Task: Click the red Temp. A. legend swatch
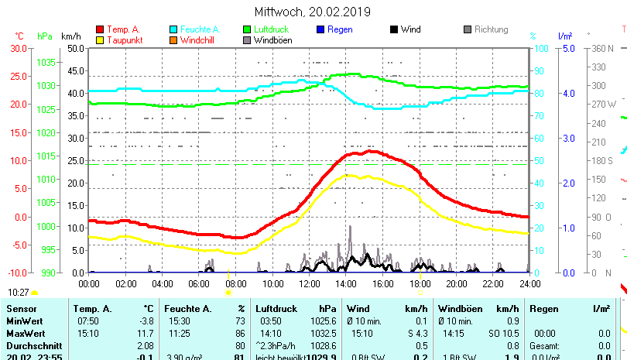pos(99,29)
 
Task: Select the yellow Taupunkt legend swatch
pos(99,39)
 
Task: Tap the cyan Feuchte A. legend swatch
pos(173,29)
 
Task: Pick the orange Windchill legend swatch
pos(173,39)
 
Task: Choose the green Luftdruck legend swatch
pos(247,29)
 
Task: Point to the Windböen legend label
pos(273,39)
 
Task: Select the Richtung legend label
pos(492,29)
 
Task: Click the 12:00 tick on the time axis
pos(309,284)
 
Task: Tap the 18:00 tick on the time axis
pos(419,284)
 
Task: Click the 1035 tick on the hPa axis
pos(46,62)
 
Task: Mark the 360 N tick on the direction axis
pos(601,48)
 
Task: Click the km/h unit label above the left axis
pos(70,36)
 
